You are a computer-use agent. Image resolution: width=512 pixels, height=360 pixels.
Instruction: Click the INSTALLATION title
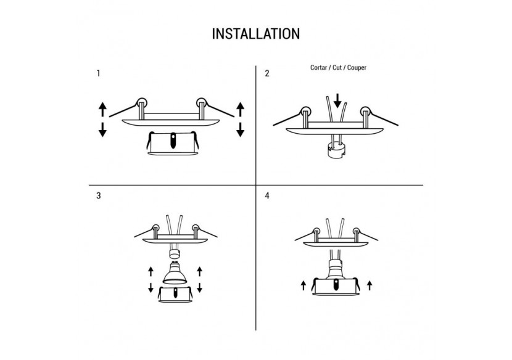point(256,33)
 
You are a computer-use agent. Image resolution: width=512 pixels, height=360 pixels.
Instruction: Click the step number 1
point(99,73)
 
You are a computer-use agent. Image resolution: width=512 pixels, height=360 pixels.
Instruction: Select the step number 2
point(267,73)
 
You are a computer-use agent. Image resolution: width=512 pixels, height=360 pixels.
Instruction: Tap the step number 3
point(99,197)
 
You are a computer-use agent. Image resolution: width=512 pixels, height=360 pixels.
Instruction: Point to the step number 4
point(267,197)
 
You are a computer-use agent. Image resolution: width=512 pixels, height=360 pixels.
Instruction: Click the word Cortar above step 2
point(319,67)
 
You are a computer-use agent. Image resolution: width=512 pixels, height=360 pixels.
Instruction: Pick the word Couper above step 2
point(356,67)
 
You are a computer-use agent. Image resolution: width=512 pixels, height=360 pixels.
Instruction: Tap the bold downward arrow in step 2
point(337,99)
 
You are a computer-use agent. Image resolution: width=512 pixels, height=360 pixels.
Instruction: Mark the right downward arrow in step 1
point(240,129)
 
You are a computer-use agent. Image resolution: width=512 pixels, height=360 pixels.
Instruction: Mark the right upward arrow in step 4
point(368,285)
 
